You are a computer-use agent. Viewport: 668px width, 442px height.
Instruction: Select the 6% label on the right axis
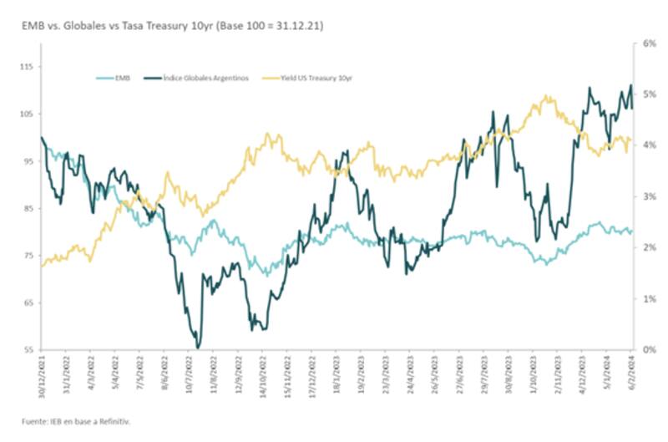coord(645,43)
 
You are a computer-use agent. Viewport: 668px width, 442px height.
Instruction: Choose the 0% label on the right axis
coord(645,349)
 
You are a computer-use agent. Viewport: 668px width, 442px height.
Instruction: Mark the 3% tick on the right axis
coord(645,196)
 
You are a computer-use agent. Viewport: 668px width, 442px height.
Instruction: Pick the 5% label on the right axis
coord(645,94)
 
